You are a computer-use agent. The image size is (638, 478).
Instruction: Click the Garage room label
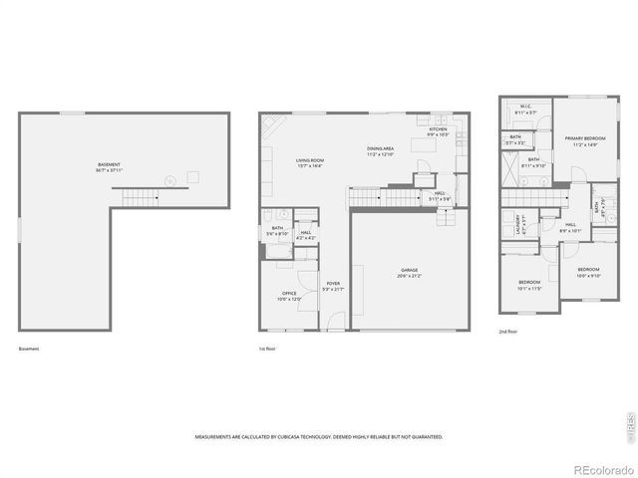[410, 273]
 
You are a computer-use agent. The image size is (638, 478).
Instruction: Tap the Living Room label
[309, 162]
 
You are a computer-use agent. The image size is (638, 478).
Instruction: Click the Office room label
[288, 296]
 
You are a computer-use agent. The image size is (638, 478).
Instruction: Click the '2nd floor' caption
[508, 331]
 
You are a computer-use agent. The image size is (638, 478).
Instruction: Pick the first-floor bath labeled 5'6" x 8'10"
[277, 230]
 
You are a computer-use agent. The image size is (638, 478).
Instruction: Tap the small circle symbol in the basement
[169, 180]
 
